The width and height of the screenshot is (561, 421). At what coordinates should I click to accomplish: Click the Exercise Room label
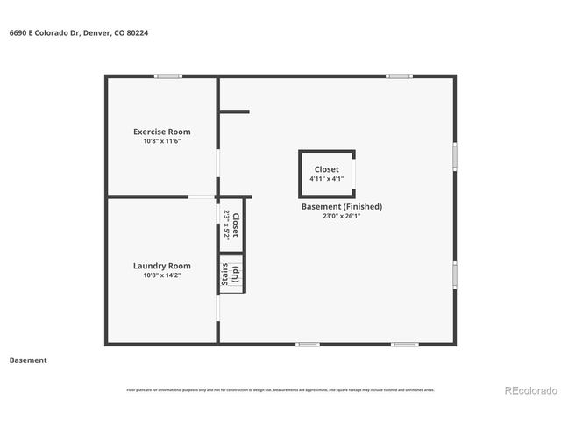coord(161,132)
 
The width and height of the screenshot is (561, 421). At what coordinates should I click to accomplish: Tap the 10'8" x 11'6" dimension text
coord(161,141)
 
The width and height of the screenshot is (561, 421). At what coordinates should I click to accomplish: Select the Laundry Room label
coord(161,266)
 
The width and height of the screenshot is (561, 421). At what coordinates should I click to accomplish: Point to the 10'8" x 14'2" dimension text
coord(161,275)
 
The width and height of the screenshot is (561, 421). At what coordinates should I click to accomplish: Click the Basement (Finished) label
coord(341,207)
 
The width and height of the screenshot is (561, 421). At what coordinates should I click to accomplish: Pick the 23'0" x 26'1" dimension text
coord(341,216)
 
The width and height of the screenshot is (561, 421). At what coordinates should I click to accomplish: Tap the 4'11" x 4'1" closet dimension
coord(326,178)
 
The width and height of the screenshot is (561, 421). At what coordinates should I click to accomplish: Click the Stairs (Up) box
coord(230,274)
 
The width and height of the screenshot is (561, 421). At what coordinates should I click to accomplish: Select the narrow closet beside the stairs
coord(230,225)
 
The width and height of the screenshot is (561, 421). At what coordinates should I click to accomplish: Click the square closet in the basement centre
coord(327,168)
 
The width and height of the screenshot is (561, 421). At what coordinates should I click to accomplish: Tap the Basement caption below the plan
coord(28,360)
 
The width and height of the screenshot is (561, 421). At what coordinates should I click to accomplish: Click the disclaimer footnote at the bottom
coord(280,390)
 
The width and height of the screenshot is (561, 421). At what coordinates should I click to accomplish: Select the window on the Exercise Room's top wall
coord(167,76)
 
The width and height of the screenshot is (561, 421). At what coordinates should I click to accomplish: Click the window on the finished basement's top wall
coord(400,76)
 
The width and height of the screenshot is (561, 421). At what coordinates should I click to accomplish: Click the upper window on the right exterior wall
coord(455,155)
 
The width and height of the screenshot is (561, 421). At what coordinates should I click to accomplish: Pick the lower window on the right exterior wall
coord(455,274)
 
